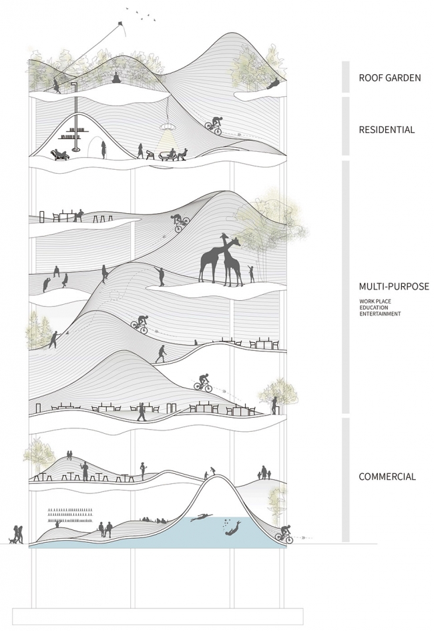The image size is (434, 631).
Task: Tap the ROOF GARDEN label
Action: coord(390,78)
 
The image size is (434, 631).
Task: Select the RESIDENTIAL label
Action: coord(387,130)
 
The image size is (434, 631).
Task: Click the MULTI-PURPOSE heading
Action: coord(394,287)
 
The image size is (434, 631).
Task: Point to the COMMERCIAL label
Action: coord(387,477)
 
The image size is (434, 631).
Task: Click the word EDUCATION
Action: coord(374,307)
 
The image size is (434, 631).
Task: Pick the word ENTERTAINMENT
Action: coord(380,314)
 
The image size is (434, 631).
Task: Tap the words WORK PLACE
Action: coord(375,301)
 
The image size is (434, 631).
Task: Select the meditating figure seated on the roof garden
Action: coord(116,78)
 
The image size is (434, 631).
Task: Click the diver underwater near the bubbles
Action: coord(233,528)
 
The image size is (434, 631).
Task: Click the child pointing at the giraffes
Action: coord(252,273)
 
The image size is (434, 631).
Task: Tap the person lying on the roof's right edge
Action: coord(274,84)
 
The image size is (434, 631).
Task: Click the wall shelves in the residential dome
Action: coord(74,133)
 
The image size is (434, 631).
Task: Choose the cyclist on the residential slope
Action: coord(214,126)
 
